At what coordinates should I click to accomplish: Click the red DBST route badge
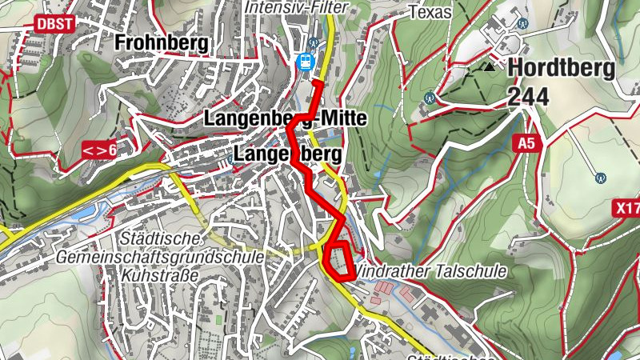pyautogui.click(x=54, y=24)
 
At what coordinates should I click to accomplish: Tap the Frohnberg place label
pyautogui.click(x=162, y=42)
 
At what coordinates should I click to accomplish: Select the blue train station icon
pyautogui.click(x=305, y=62)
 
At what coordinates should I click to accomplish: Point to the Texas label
pyautogui.click(x=430, y=12)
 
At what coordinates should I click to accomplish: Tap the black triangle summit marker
pyautogui.click(x=489, y=67)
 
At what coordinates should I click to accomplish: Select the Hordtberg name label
pyautogui.click(x=560, y=68)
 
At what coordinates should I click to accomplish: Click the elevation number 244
pyautogui.click(x=528, y=98)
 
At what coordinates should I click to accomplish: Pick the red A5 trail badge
pyautogui.click(x=525, y=143)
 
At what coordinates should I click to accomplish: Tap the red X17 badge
pyautogui.click(x=627, y=208)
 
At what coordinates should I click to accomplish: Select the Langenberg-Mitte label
pyautogui.click(x=286, y=119)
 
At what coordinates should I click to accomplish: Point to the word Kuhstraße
pyautogui.click(x=156, y=274)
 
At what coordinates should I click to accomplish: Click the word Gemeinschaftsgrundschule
pyautogui.click(x=160, y=257)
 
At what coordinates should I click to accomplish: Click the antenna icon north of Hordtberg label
pyautogui.click(x=523, y=24)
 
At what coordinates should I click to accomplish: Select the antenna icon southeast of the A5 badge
pyautogui.click(x=600, y=177)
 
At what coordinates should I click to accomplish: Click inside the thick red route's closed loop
pyautogui.click(x=340, y=261)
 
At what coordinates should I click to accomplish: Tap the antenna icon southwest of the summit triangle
pyautogui.click(x=430, y=98)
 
